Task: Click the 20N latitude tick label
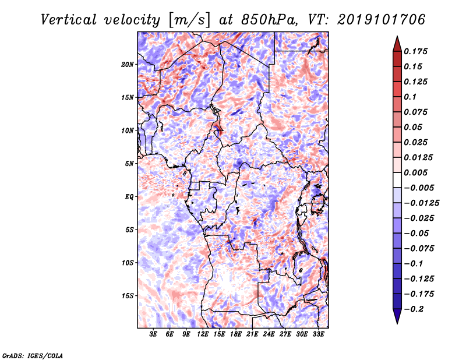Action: pos(128,65)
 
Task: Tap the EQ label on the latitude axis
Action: pos(129,197)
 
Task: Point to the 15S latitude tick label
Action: pos(128,296)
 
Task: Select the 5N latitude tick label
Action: pos(129,164)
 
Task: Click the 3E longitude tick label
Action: pos(153,334)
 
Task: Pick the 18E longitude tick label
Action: pos(236,334)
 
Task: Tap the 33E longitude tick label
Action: pos(318,334)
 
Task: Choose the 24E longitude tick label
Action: pos(269,334)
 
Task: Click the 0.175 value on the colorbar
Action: pos(415,51)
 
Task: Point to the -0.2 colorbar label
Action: pos(414,309)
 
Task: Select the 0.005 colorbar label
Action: pos(415,172)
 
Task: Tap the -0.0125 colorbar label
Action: pos(421,203)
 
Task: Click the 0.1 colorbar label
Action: pos(410,97)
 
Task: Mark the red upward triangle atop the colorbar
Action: pos(397,44)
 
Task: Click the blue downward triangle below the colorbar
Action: pos(397,316)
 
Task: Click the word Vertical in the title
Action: pos(69,20)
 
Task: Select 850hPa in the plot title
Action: pos(270,20)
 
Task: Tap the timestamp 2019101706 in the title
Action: pos(382,20)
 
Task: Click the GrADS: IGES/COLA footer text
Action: pos(33,355)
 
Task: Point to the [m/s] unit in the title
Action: pos(189,20)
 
